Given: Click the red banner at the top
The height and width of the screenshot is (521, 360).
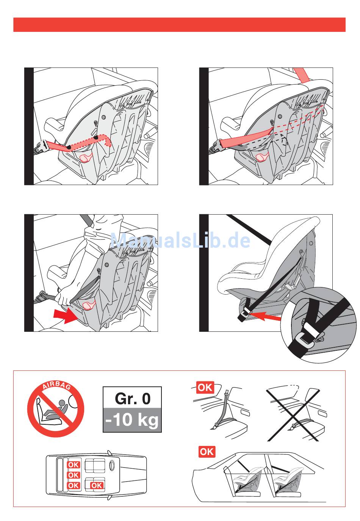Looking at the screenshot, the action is (x=179, y=25).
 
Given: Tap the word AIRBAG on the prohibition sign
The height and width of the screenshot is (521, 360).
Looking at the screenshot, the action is (x=56, y=386).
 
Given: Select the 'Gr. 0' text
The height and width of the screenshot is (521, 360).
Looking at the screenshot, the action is (x=132, y=399).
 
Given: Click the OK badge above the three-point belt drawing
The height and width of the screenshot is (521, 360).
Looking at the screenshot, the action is (x=205, y=388).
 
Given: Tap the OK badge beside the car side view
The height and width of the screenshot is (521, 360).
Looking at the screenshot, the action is (x=207, y=452).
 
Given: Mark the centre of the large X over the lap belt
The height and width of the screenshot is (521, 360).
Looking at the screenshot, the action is (x=293, y=414).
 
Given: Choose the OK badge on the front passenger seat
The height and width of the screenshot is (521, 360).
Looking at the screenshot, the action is (x=97, y=485).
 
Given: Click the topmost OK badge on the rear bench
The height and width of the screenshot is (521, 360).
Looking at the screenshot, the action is (x=74, y=465).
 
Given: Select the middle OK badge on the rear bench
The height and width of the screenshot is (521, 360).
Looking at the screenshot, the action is (x=74, y=475).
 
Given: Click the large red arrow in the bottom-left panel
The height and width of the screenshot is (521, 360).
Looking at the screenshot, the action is (x=64, y=315).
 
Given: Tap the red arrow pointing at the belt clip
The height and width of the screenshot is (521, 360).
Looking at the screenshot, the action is (x=265, y=316).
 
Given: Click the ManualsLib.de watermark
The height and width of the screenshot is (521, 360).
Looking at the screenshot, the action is (x=180, y=240).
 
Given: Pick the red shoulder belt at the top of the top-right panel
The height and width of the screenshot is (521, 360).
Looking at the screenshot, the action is (x=302, y=74).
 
